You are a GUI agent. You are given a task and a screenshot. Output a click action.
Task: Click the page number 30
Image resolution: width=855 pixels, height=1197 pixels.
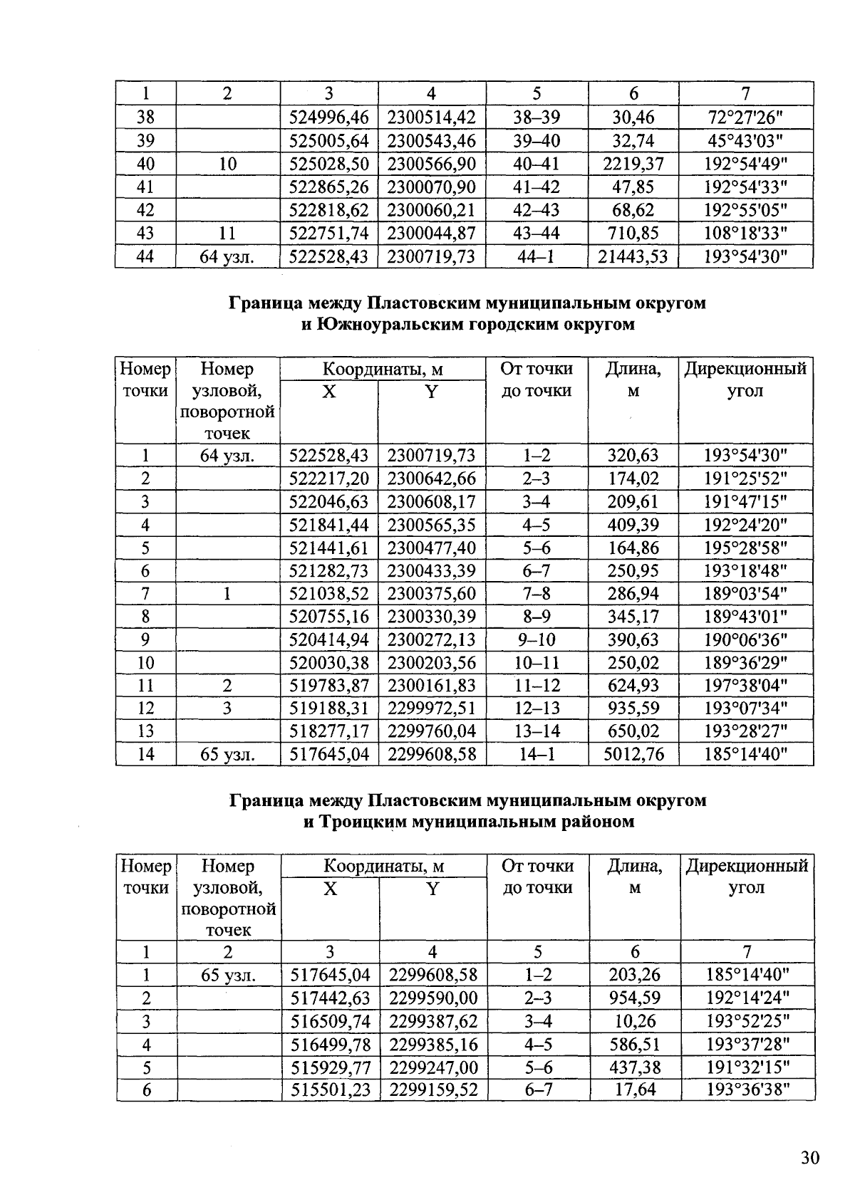click(810, 1158)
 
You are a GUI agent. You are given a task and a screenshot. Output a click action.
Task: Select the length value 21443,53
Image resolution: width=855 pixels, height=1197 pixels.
click(633, 256)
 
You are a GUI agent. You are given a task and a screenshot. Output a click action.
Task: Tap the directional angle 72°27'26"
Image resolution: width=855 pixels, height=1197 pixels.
click(745, 117)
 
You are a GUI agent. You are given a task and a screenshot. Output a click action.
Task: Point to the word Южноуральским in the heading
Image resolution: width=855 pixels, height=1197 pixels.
click(386, 325)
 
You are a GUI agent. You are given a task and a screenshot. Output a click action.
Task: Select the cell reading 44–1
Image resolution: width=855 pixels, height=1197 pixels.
click(537, 256)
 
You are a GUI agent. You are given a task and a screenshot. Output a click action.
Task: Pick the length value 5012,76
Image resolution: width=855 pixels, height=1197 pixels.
click(633, 754)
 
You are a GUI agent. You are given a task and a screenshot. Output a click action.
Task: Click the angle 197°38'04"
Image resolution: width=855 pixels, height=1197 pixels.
click(745, 686)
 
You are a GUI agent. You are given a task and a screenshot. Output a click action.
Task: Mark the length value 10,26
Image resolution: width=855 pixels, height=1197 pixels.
click(635, 1021)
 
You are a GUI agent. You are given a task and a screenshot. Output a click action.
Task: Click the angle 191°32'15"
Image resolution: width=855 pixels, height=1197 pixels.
click(747, 1067)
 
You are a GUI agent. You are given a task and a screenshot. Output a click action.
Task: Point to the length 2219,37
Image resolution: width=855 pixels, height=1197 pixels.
click(633, 164)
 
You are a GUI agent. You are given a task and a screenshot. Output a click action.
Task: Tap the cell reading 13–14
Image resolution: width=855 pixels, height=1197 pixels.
click(537, 731)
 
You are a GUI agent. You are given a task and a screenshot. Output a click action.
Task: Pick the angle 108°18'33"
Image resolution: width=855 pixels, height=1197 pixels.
click(745, 233)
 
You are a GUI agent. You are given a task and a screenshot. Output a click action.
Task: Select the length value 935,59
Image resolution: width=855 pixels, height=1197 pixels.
click(633, 709)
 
